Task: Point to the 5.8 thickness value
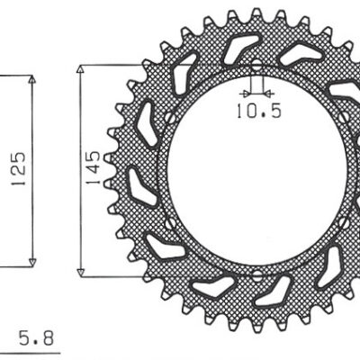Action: (35, 340)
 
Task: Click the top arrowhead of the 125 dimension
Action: (33, 80)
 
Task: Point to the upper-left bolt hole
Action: (170, 117)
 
